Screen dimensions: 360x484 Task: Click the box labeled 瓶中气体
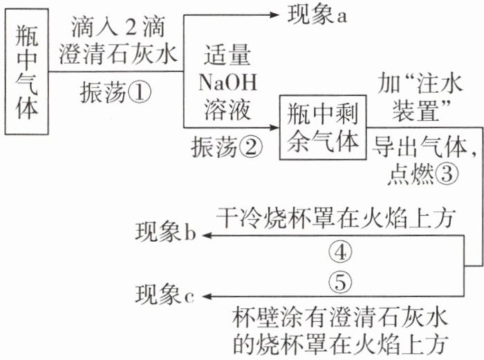tap(28, 75)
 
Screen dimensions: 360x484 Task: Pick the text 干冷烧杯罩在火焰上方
tap(336, 217)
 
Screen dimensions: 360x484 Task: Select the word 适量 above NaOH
tap(227, 55)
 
